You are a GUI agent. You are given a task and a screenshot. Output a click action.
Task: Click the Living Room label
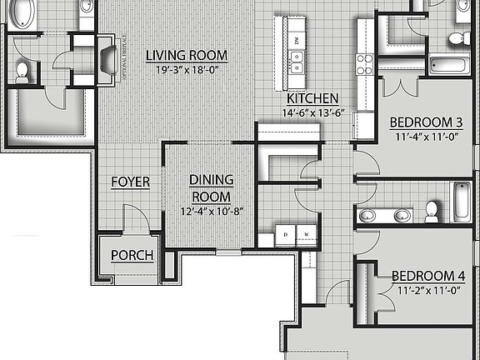point(187,56)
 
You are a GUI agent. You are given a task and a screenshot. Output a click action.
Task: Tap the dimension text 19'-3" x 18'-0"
point(187,70)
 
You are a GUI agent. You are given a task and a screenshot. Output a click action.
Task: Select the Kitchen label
point(312,97)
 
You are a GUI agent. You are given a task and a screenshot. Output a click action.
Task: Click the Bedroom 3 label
point(426,122)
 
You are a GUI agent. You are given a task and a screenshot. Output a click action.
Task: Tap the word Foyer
point(130,182)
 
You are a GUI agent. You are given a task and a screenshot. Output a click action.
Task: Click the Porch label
point(132,255)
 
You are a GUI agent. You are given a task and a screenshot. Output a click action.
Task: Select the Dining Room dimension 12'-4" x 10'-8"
point(209,211)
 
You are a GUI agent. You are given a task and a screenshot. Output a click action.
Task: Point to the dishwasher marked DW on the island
point(296,39)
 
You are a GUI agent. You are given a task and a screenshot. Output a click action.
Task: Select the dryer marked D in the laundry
point(287,234)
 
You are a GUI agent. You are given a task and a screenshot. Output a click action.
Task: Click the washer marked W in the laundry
point(307,234)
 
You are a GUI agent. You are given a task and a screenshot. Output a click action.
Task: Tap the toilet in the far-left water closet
point(22,72)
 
